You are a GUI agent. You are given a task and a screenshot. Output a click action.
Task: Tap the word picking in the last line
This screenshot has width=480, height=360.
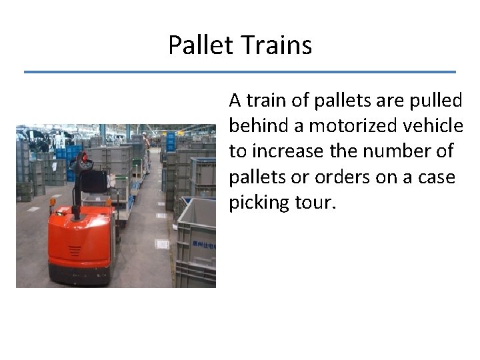(x=259, y=203)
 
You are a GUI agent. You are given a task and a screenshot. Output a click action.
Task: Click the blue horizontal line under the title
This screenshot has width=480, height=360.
(x=240, y=72)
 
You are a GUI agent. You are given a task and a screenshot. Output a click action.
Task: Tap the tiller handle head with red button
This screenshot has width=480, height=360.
(x=82, y=161)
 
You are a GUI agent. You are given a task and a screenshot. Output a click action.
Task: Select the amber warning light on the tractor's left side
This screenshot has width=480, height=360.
(x=52, y=202)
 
